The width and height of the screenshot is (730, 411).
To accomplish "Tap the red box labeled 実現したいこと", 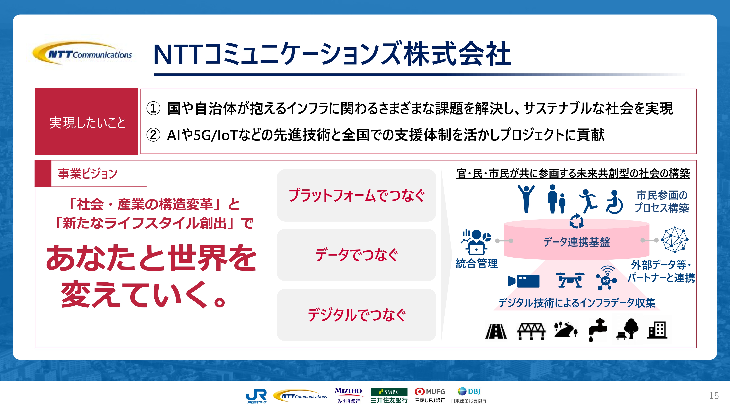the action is (87, 121).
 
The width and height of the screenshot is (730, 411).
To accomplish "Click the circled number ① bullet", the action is (153, 108).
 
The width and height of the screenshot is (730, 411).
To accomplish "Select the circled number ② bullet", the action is (153, 135).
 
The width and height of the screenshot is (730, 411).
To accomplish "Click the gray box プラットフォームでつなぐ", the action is (356, 195).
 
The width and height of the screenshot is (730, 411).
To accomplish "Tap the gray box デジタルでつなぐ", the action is (356, 315).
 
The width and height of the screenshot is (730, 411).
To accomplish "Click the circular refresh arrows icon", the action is (576, 221).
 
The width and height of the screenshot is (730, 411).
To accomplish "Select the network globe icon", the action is (675, 240).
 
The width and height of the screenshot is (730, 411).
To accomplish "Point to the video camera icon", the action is (524, 281).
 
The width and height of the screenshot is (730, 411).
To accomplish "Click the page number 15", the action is (714, 395).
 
